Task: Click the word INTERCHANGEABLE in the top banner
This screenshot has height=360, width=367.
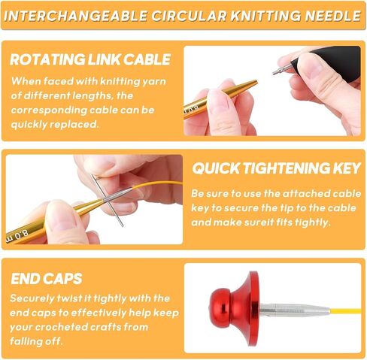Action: tap(75, 16)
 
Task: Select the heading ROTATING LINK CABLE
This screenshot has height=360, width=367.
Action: tap(90, 59)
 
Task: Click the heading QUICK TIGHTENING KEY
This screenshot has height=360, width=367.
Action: tap(277, 168)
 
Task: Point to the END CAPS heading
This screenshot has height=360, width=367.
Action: tap(47, 279)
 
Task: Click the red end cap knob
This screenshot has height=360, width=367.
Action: tap(235, 309)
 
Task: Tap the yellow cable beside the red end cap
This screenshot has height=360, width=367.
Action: tap(346, 311)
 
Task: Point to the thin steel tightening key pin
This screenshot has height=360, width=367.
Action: tap(108, 201)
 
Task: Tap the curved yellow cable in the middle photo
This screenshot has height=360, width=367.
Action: tap(156, 184)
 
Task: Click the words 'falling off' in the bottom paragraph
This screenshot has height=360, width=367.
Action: tap(36, 341)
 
